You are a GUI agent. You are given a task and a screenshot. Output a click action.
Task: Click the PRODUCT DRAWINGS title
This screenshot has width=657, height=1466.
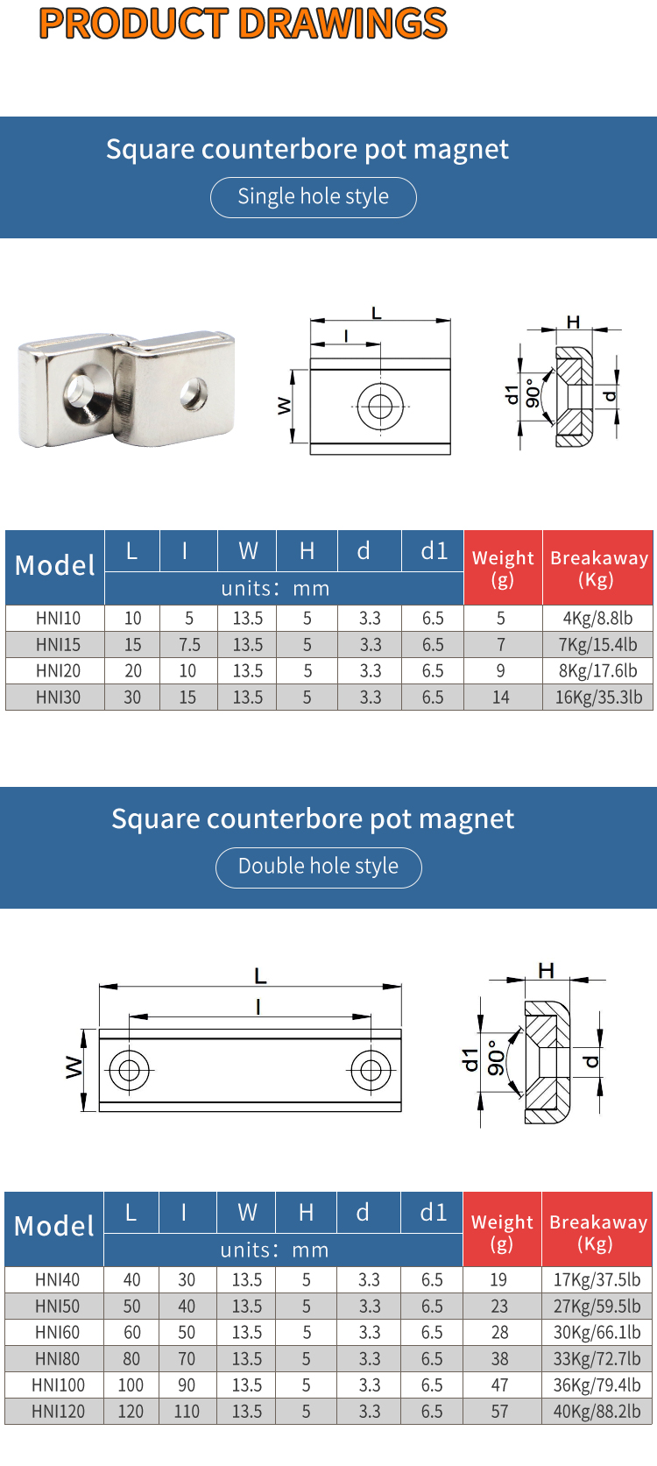pyautogui.click(x=244, y=24)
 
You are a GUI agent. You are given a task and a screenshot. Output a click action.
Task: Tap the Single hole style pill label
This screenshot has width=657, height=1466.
pyautogui.click(x=313, y=196)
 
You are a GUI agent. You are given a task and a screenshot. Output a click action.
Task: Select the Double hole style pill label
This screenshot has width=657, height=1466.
pyautogui.click(x=318, y=867)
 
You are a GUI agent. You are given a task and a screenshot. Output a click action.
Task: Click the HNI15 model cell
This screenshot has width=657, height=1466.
pyautogui.click(x=58, y=645)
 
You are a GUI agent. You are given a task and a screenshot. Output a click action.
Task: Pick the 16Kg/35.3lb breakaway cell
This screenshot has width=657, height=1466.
pyautogui.click(x=598, y=698)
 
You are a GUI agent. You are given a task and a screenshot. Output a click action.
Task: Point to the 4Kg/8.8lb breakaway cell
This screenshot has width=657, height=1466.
pyautogui.click(x=597, y=619)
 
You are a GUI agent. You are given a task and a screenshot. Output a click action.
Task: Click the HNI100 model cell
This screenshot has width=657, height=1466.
pyautogui.click(x=58, y=1385)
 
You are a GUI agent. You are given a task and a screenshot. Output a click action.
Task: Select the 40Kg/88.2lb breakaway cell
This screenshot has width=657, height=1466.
pyautogui.click(x=597, y=1412)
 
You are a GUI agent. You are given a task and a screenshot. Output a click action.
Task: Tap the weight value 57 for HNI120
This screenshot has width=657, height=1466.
pyautogui.click(x=499, y=1412)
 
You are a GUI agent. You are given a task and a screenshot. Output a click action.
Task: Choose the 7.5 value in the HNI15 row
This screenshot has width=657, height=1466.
pyautogui.click(x=189, y=645)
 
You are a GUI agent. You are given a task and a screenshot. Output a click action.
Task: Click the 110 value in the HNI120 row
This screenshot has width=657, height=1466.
pyautogui.click(x=187, y=1412)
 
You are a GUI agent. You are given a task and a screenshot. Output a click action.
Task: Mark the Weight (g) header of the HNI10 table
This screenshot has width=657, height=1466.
pyautogui.click(x=503, y=568)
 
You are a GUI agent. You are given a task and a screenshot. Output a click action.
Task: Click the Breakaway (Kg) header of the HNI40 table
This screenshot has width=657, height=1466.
pyautogui.click(x=597, y=1232)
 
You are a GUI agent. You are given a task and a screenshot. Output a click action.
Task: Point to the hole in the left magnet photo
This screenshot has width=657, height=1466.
pyautogui.click(x=81, y=388)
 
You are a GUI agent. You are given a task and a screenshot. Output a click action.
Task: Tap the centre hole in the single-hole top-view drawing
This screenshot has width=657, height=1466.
pyautogui.click(x=380, y=406)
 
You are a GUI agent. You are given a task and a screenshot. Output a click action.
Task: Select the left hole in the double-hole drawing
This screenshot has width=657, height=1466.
pyautogui.click(x=129, y=1070)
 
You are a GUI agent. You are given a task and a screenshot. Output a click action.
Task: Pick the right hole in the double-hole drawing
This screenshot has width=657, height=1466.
pyautogui.click(x=371, y=1070)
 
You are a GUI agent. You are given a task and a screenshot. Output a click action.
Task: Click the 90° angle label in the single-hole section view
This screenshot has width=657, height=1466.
pyautogui.click(x=533, y=392)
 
